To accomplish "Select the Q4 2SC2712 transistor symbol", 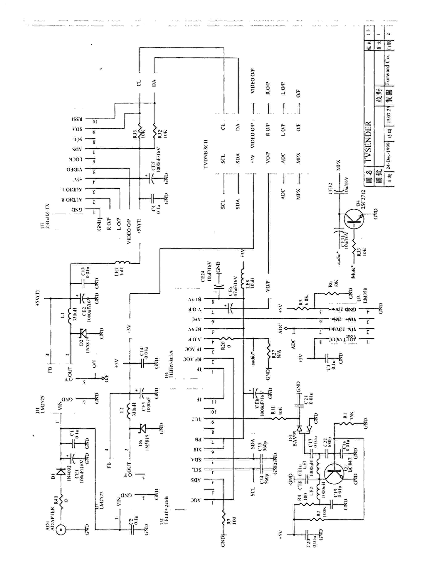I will tap(354, 220).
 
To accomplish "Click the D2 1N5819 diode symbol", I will tap(83, 333).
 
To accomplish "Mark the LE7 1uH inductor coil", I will tap(122, 262).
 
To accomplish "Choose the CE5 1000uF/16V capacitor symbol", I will tap(152, 179).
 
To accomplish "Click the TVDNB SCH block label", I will tap(206, 154).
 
